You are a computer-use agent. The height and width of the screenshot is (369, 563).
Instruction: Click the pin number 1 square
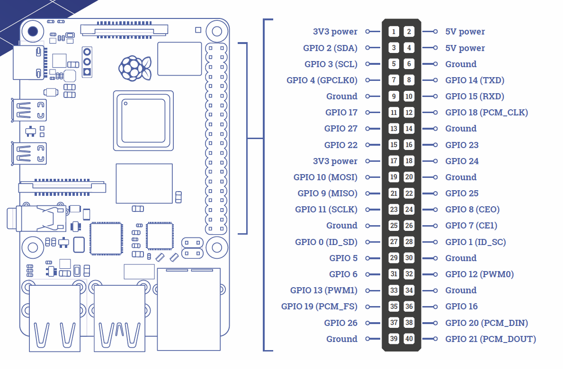coord(393,32)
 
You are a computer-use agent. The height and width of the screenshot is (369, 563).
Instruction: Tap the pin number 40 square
coord(409,339)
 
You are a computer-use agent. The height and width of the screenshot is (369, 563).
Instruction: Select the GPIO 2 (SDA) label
coord(330,48)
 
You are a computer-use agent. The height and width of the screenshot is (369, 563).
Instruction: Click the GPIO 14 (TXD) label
coord(474,80)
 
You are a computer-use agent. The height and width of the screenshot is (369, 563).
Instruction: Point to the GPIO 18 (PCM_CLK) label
coord(486,113)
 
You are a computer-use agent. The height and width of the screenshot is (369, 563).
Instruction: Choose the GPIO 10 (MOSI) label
coord(325,177)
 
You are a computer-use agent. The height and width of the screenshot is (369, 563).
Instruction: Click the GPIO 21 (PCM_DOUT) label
coord(491,339)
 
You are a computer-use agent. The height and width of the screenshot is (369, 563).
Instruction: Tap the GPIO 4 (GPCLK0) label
coord(322,80)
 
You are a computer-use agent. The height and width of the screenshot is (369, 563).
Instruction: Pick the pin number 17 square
coord(393,161)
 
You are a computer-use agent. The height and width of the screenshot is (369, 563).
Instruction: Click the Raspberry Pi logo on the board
coord(135,67)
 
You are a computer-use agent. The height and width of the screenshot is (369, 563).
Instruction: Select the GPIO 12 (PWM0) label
coord(479,274)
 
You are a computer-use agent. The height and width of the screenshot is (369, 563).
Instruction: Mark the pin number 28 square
coord(409,242)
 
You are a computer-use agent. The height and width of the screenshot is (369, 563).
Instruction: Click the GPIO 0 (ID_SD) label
coord(326,242)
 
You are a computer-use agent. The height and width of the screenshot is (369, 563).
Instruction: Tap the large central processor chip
coord(143,121)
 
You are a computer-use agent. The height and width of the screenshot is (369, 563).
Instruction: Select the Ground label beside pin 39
coord(342,339)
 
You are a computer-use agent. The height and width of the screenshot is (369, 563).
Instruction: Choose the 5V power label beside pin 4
coord(465,48)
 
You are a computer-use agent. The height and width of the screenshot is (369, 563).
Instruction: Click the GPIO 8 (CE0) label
coord(472,209)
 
